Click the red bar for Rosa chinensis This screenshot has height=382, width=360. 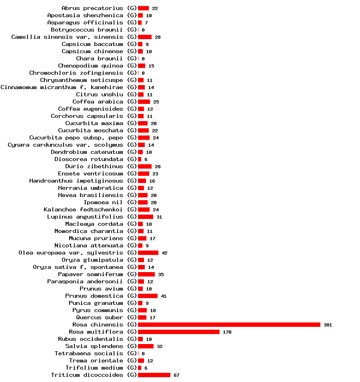coord(229,325)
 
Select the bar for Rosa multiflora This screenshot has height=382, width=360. coord(179,332)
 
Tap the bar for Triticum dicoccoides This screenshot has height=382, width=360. coord(154,375)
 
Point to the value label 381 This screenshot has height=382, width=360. coord(328,325)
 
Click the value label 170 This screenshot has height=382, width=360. coord(227,332)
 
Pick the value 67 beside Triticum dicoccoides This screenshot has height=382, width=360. coord(176,375)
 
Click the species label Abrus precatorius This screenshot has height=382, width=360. coord(92,8)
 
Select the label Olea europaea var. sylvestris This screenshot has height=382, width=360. coord(71,253)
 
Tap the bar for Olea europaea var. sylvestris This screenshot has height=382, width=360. coord(148,253)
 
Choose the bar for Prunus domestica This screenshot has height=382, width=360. coord(148,296)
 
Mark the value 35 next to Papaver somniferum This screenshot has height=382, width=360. coord(161,275)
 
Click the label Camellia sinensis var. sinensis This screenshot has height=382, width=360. coord(67,37)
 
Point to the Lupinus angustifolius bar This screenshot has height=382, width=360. coord(146,217)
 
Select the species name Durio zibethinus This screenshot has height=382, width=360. coord(94,167)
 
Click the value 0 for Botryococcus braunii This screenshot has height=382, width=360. coord(143,30)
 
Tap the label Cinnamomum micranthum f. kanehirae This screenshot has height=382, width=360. coord(62,88)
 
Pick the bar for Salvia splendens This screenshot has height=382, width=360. coord(146,346)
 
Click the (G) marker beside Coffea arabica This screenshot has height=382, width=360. coord(132,102)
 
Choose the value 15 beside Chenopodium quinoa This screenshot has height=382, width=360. coord(151,66)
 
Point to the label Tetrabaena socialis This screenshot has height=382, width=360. coord(89,354)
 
